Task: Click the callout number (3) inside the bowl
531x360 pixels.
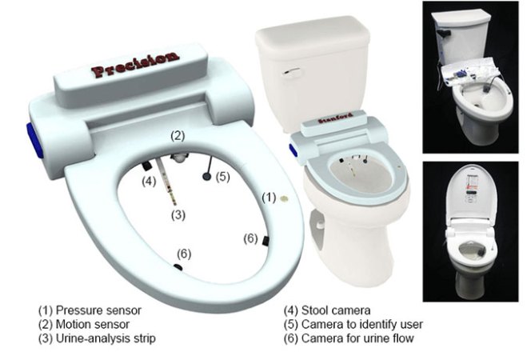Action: click(178, 214)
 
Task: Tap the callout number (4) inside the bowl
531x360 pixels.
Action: click(149, 181)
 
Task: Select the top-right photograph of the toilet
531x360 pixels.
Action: click(473, 77)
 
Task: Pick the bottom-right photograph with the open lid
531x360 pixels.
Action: click(473, 231)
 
